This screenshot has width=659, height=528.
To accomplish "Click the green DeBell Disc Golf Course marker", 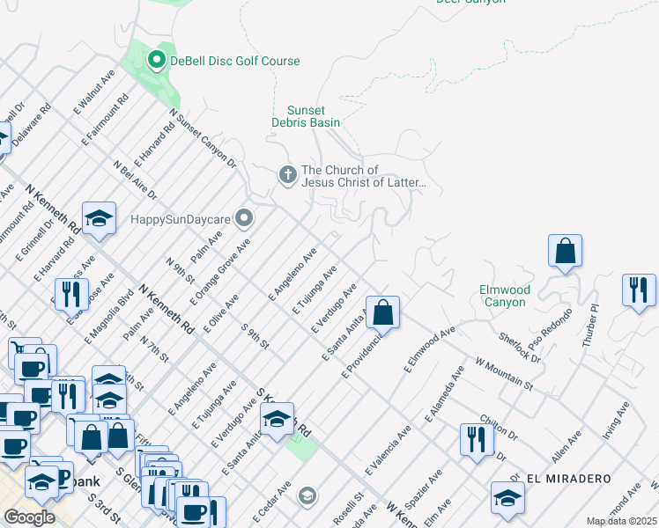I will (157, 60).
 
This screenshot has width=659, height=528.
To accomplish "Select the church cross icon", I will (287, 176).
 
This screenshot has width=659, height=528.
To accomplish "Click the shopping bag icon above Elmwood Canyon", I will (566, 251).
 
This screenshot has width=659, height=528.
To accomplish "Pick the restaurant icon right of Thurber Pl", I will (639, 290).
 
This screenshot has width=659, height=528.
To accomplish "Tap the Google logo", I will (29, 517).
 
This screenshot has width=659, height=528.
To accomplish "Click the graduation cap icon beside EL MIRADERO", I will (507, 497).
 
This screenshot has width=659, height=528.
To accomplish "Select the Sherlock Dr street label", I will (519, 347).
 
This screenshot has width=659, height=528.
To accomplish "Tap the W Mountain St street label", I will (505, 374).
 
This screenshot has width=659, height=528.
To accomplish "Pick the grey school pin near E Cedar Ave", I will (306, 495).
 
